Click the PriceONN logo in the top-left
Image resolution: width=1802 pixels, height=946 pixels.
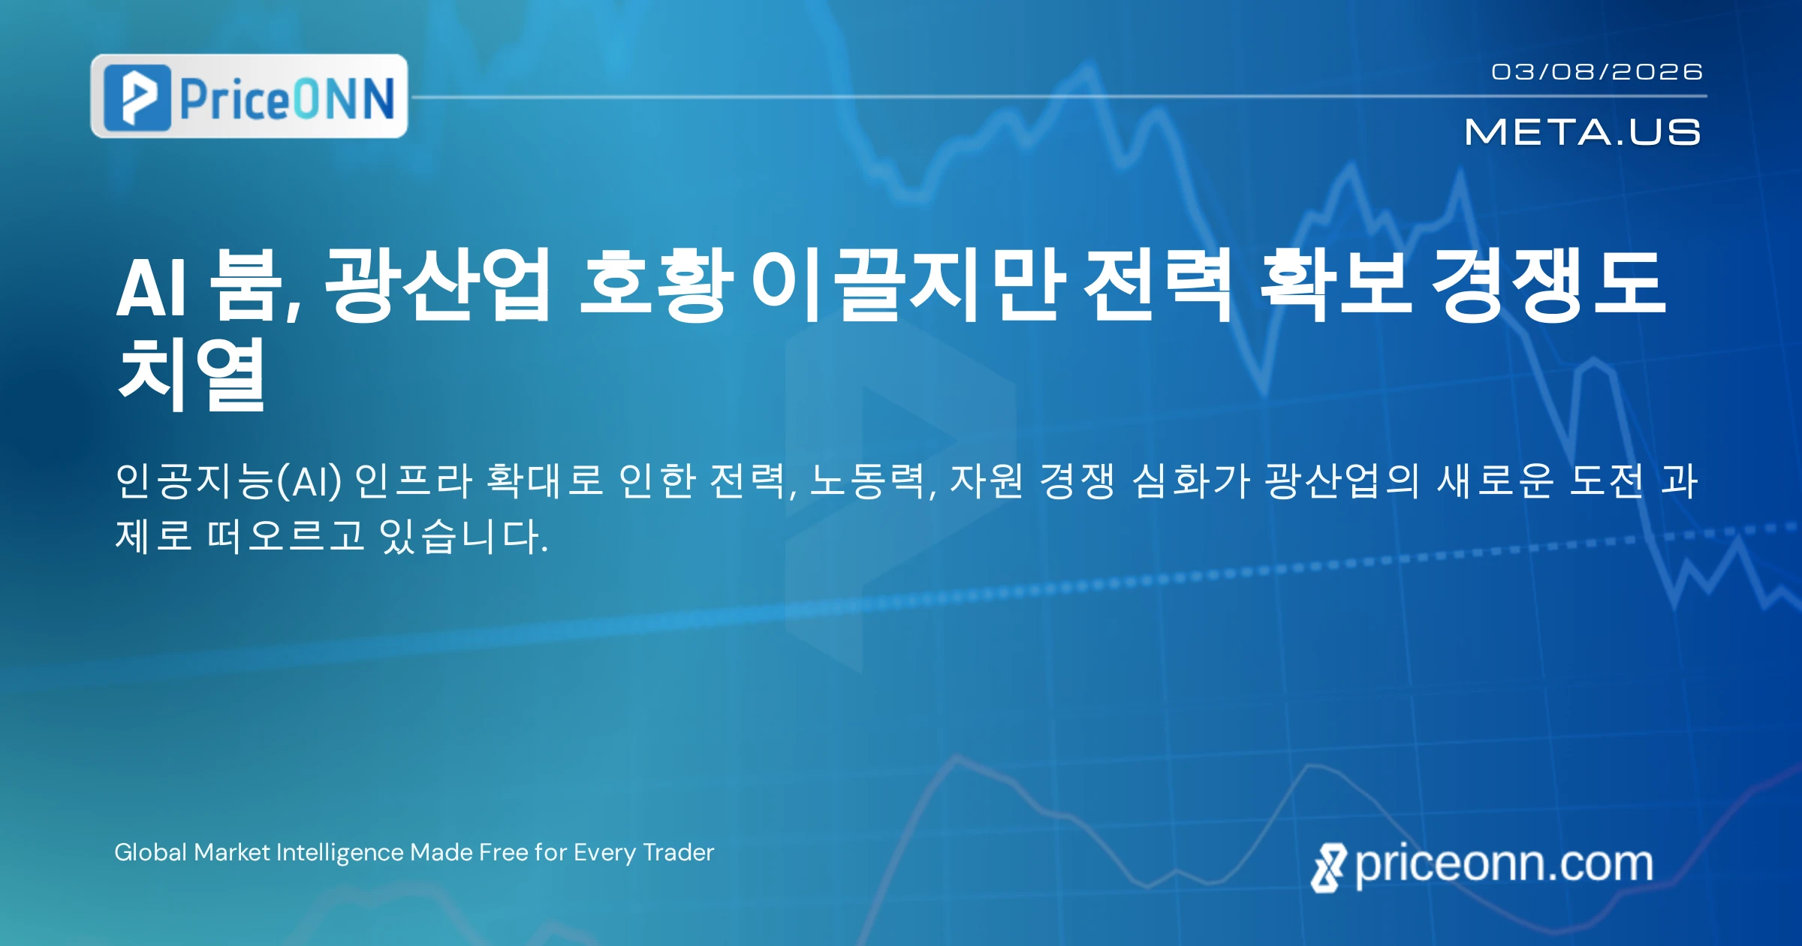pos(249,96)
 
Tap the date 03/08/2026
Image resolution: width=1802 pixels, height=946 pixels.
pos(1597,71)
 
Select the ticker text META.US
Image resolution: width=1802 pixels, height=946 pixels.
pos(1583,132)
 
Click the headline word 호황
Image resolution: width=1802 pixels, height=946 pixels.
pos(656,285)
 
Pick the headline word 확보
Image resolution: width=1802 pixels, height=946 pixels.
pos(1335,285)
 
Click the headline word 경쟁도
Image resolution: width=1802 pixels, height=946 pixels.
pos(1547,285)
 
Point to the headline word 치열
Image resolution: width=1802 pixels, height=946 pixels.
pos(191,373)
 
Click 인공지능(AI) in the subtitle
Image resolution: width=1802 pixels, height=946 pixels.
pos(228,481)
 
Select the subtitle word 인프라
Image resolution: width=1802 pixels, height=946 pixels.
pos(412,481)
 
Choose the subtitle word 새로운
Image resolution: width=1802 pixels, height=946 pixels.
pos(1495,481)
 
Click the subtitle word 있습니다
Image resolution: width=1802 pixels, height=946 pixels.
pos(464,536)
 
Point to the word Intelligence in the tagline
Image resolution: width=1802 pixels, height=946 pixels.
pos(340,853)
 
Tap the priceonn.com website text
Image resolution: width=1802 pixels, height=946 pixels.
pos(1504,864)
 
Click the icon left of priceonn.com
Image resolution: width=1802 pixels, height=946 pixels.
pos(1329,868)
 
